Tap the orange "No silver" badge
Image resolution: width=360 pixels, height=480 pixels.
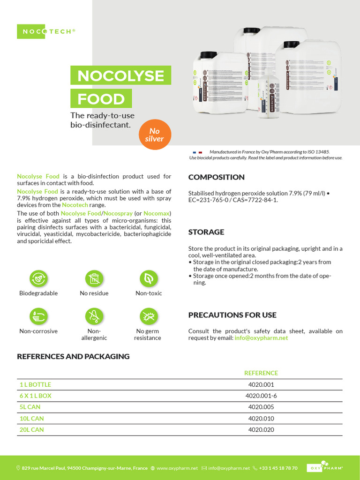click(x=154, y=135)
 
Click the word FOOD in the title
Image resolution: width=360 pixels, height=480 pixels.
click(x=101, y=99)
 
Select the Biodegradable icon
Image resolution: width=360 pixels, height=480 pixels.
click(x=38, y=278)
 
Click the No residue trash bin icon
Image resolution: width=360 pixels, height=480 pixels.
click(x=94, y=278)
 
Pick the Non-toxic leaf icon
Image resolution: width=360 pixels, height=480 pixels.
click(x=148, y=278)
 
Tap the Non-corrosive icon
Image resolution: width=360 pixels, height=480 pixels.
click(x=38, y=317)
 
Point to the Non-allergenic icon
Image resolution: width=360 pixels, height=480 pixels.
click(x=94, y=317)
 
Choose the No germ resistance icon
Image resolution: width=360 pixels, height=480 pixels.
click(x=148, y=317)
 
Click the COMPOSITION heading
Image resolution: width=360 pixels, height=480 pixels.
click(x=216, y=177)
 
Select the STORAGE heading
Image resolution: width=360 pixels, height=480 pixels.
click(x=206, y=232)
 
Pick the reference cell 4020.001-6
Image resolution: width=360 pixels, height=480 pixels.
click(x=261, y=396)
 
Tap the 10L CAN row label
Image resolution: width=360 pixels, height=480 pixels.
click(x=31, y=418)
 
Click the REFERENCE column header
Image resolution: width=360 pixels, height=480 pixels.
click(x=261, y=373)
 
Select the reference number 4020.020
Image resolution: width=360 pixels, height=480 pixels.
click(x=261, y=429)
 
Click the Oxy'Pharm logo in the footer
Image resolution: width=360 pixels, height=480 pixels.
click(x=325, y=467)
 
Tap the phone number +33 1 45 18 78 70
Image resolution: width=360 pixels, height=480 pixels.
click(x=278, y=468)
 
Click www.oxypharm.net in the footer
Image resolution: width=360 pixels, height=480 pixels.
click(x=177, y=468)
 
